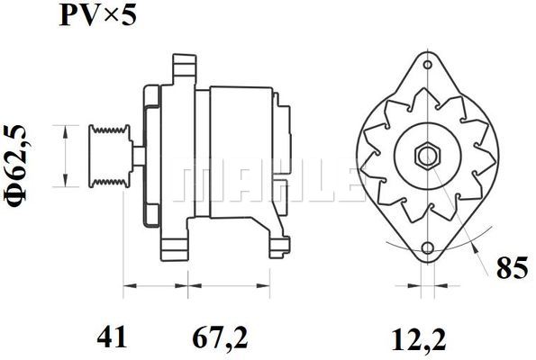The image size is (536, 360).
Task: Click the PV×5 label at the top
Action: pos(98,15)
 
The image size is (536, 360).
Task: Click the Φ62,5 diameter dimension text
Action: pos(16,166)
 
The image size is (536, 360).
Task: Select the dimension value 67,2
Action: pos(220,337)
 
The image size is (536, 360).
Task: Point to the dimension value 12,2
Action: pos(419,339)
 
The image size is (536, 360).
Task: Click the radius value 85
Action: pos(512,268)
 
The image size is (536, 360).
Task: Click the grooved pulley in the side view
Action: pos(109,157)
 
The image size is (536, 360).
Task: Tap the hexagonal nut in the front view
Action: pos(428,157)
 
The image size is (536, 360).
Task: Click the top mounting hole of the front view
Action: pos(428,65)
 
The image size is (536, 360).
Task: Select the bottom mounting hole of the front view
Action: pos(428,248)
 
